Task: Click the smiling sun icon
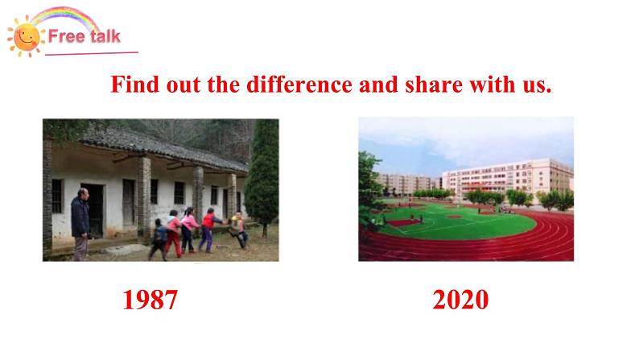pyautogui.click(x=26, y=37)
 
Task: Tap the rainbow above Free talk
pyautogui.click(x=64, y=15)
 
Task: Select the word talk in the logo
pyautogui.click(x=105, y=36)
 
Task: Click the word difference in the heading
pyautogui.click(x=299, y=85)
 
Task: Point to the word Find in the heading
pyautogui.click(x=135, y=85)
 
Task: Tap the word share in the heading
pyautogui.click(x=434, y=85)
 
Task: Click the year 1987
pyautogui.click(x=150, y=300)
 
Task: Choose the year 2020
pyautogui.click(x=460, y=300)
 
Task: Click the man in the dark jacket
pyautogui.click(x=80, y=224)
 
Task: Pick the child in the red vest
pyautogui.click(x=208, y=230)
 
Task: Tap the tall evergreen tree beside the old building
pyautogui.click(x=262, y=176)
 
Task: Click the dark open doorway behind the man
pyautogui.click(x=93, y=210)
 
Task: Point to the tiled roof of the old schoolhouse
pyautogui.click(x=163, y=149)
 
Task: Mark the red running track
pyautogui.click(x=468, y=246)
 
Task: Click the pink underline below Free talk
pyautogui.click(x=92, y=53)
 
